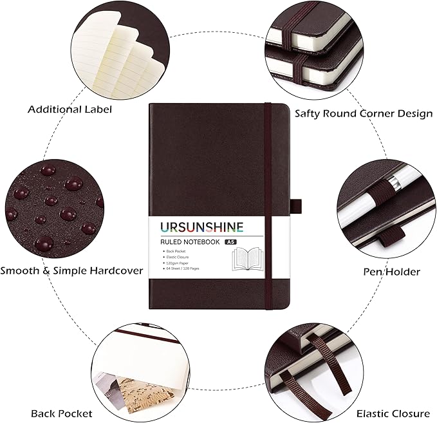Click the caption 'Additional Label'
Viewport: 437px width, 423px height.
[70, 109]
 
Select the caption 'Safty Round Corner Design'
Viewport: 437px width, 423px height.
[363, 113]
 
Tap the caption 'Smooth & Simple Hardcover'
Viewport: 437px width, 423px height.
[71, 270]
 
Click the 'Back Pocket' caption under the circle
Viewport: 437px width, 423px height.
[61, 413]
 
